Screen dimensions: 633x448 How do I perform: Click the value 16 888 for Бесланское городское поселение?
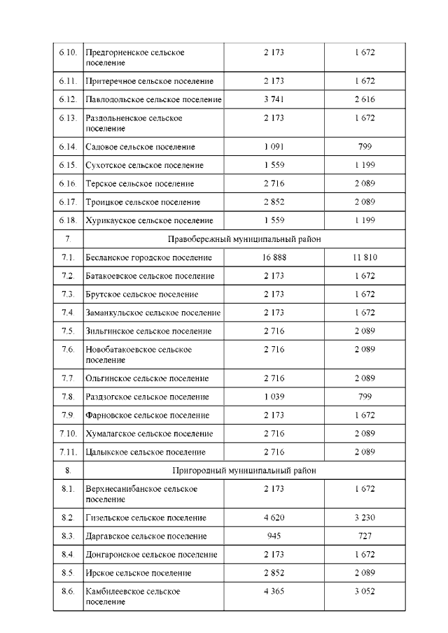point(274,258)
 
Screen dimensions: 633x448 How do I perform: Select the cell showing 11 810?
point(365,258)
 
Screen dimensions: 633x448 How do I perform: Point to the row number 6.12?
point(68,99)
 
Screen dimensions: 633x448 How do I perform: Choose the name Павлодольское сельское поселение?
point(153,99)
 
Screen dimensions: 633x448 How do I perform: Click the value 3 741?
point(274,99)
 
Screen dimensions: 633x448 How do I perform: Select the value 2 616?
point(365,99)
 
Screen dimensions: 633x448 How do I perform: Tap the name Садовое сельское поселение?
point(140,147)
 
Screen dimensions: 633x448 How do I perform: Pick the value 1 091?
point(274,147)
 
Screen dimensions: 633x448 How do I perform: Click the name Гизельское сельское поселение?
point(146,518)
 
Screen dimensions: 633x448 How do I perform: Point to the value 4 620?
point(274,518)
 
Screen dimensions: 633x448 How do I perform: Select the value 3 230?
point(365,518)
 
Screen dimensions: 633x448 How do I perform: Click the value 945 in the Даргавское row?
point(274,536)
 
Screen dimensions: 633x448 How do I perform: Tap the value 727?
point(365,536)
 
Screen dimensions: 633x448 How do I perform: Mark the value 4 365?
point(274,592)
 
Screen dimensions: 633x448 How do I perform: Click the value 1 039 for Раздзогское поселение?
point(274,397)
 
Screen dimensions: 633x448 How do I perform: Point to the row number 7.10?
point(68,434)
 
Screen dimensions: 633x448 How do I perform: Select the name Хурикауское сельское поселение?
point(148,220)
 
